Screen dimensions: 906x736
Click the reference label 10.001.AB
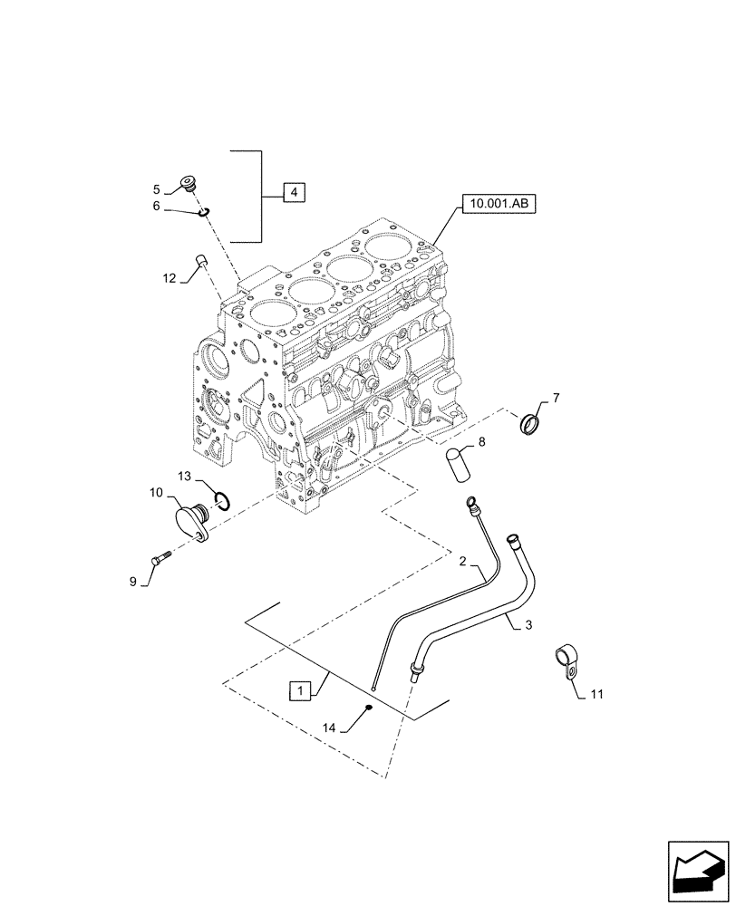[498, 205]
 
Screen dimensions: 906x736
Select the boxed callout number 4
[294, 192]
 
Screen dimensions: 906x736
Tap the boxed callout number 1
[299, 690]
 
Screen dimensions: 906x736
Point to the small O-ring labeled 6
[204, 213]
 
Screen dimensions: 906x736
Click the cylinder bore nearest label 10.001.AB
[392, 246]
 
